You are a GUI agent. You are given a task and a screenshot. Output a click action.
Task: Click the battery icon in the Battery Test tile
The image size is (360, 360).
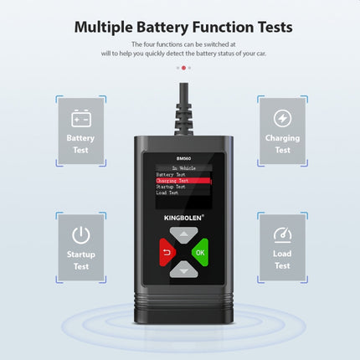point(80,117)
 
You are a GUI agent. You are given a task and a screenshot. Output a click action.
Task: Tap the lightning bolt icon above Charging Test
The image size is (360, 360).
point(282,117)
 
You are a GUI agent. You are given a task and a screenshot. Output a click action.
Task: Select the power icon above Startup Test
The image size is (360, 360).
point(80,234)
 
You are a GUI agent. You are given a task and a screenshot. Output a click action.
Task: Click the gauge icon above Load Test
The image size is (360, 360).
point(282,234)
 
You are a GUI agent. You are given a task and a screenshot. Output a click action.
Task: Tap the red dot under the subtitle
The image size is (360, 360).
point(183,67)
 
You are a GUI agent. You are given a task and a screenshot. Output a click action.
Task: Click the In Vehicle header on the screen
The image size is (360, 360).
point(180,167)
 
